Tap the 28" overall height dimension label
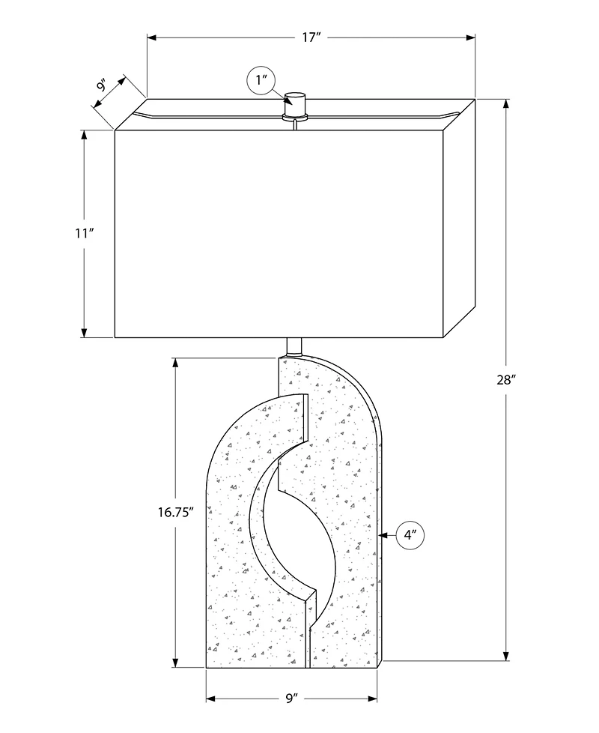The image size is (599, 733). [505, 380]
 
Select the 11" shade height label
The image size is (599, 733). [85, 233]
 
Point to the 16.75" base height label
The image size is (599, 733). [175, 513]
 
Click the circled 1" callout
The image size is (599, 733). [261, 80]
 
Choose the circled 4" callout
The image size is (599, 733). [410, 534]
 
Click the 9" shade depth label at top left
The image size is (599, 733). [103, 86]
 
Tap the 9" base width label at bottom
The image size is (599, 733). [292, 699]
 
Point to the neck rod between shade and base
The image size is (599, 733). [294, 347]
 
